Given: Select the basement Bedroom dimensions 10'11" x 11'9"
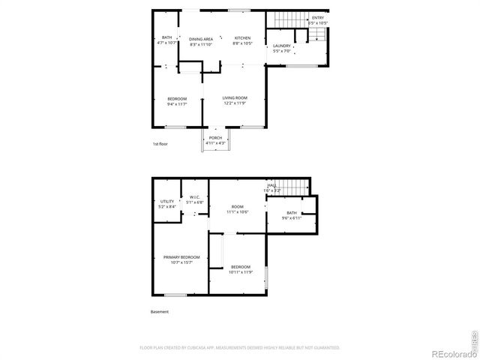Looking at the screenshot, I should click(x=240, y=272).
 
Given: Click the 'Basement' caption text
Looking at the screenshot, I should click(x=160, y=312).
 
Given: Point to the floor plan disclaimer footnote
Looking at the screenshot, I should click(x=240, y=348).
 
